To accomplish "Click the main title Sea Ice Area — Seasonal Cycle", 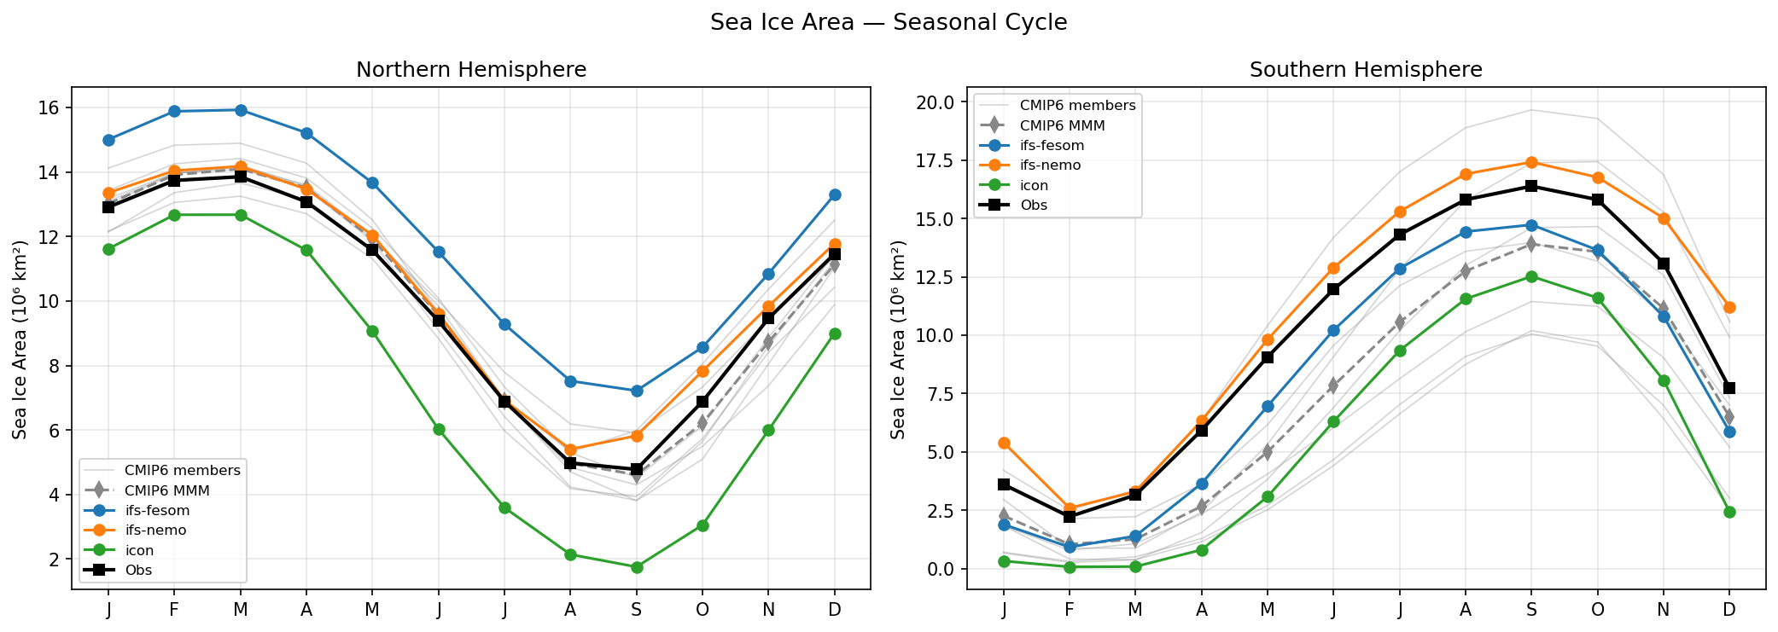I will (888, 22).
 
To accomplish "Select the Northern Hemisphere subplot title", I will (471, 70).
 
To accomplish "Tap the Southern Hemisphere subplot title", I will (1366, 70).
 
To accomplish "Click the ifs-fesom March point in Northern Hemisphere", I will (241, 110).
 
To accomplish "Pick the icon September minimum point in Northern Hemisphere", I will (637, 567).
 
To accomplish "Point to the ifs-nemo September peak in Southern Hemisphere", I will (1531, 162).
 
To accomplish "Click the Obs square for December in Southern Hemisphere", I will (1729, 388).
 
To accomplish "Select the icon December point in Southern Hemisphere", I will (1729, 512).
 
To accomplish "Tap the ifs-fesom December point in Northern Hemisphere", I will (835, 194).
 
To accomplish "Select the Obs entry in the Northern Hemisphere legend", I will (137, 570).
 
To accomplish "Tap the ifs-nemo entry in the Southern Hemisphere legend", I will (1050, 165).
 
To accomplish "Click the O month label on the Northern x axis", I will (702, 610).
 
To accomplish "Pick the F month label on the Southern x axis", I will (1070, 610).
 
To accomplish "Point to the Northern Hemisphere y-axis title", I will (20, 339).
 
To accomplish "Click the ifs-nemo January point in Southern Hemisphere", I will (1004, 444).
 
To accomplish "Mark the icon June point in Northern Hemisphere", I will (439, 429).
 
